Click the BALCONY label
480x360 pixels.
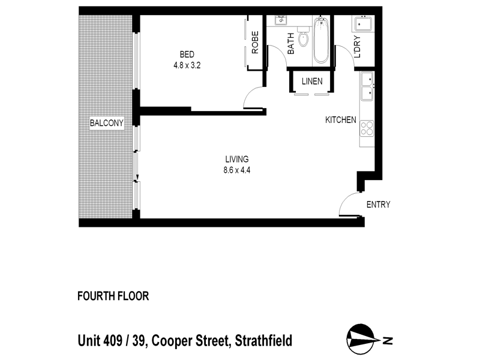[x=106, y=124]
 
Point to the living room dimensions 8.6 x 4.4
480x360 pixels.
[x=236, y=170]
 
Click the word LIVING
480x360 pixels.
[x=236, y=159]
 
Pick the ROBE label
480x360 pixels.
[x=255, y=43]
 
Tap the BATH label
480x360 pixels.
[x=290, y=44]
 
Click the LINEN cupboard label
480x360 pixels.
[x=312, y=82]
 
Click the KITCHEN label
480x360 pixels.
[x=341, y=120]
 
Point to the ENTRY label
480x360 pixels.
[x=378, y=205]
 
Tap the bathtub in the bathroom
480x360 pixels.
[x=321, y=41]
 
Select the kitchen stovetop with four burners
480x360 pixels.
[x=367, y=128]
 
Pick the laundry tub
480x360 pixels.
[x=364, y=26]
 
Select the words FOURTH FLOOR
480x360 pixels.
[x=113, y=296]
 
